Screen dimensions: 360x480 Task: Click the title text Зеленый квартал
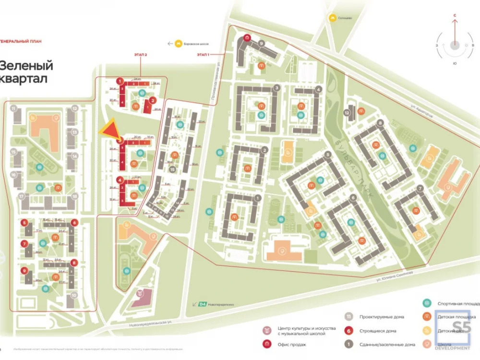click(26, 72)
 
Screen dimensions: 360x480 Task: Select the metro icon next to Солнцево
click(332, 17)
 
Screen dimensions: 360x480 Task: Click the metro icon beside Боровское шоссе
click(179, 43)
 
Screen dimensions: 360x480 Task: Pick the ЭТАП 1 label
click(204, 55)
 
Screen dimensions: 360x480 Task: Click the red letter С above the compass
click(454, 16)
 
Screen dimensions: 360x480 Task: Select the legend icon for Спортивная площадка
click(426, 303)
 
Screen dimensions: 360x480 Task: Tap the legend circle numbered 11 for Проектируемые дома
click(348, 317)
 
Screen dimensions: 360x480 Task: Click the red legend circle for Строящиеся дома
click(348, 331)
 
